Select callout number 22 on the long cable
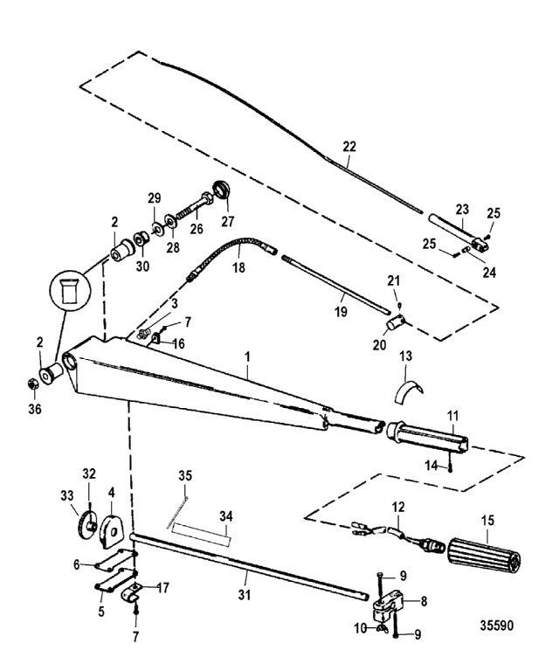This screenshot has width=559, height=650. [x=349, y=149]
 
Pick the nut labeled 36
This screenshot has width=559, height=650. [x=28, y=383]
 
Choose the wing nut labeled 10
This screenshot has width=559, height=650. [x=380, y=627]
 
